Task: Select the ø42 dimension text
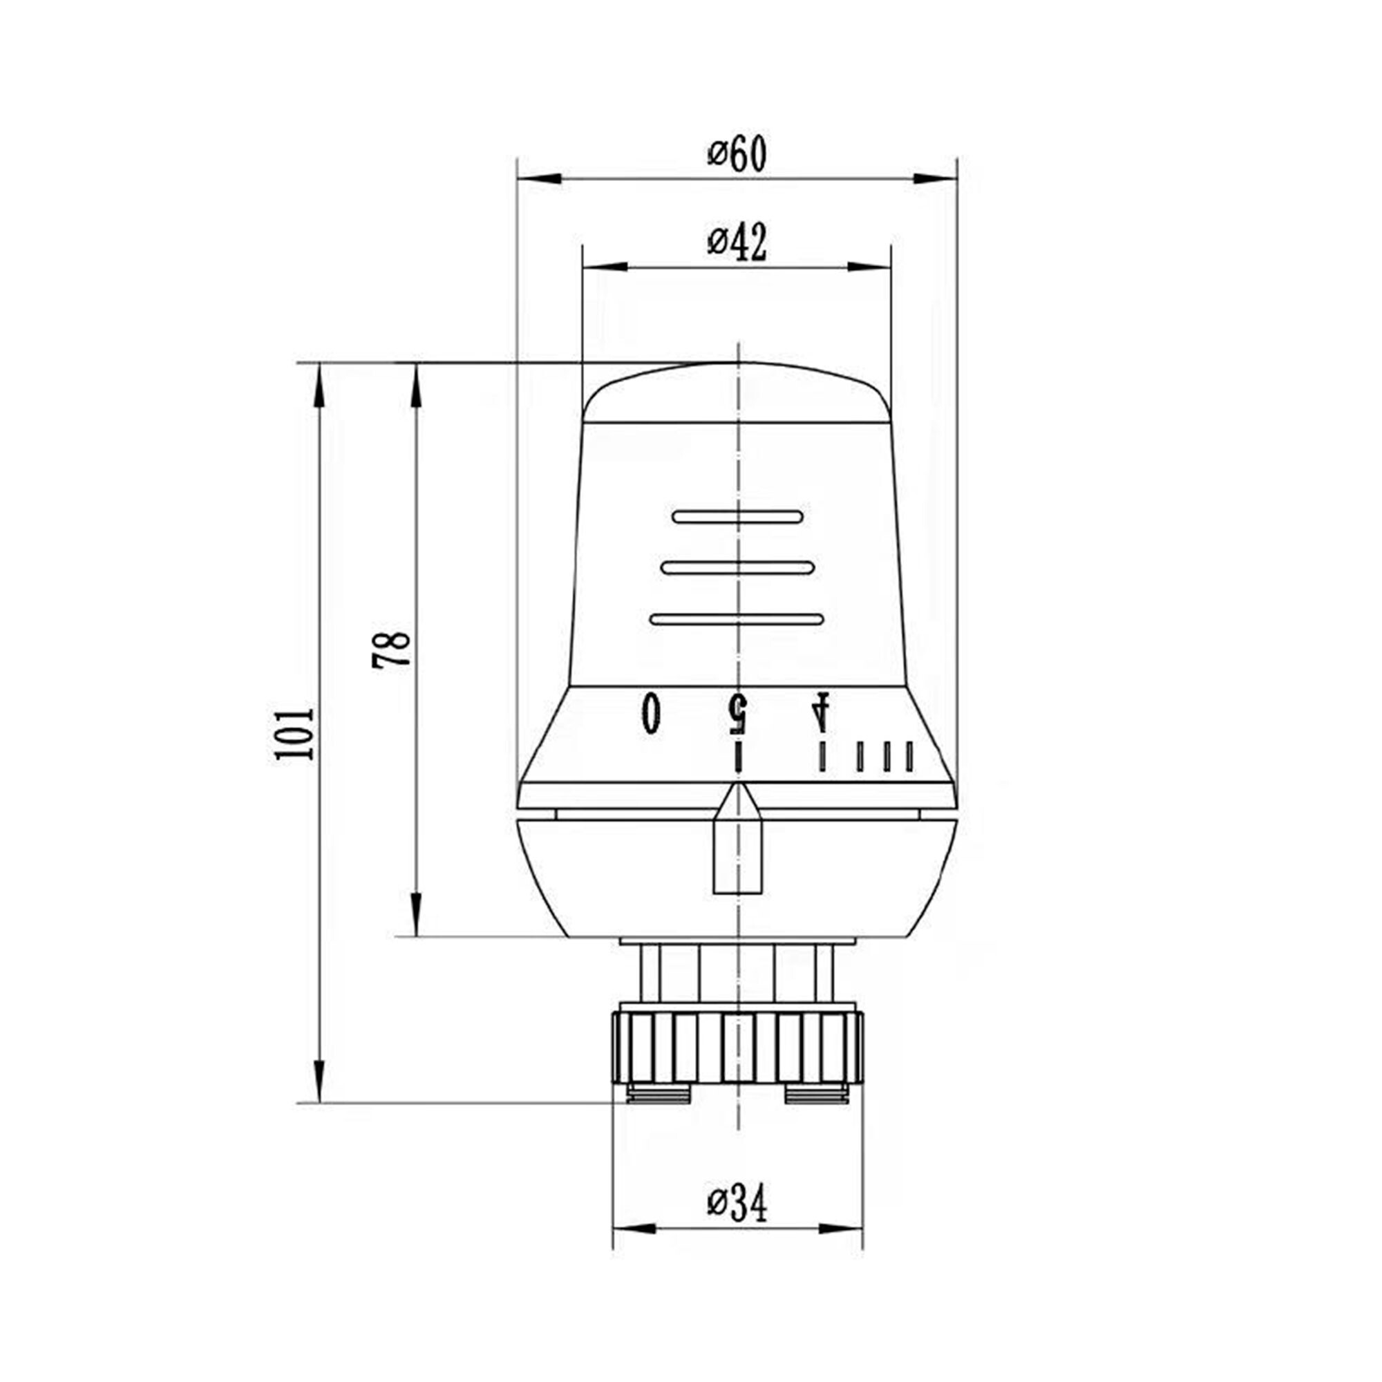[x=737, y=243]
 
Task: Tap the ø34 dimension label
[x=737, y=1203]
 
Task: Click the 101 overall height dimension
[x=293, y=734]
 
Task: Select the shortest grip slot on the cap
[x=737, y=516]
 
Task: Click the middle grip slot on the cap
[x=737, y=568]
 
